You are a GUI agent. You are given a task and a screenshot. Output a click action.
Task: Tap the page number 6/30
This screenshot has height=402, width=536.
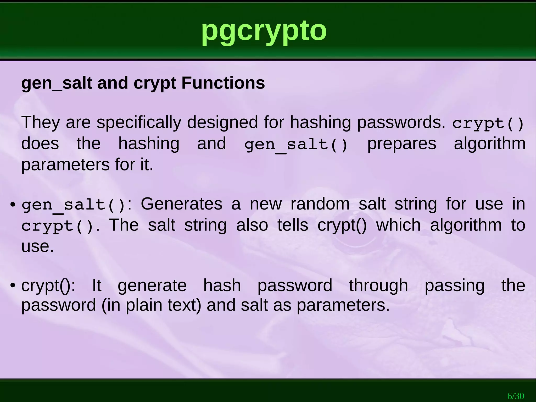(516, 396)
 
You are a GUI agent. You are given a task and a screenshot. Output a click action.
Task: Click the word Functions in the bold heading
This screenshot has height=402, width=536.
(223, 83)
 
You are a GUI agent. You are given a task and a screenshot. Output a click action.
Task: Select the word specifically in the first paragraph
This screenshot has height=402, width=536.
(139, 122)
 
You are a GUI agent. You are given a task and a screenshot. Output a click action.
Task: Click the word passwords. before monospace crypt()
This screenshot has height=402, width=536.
(401, 122)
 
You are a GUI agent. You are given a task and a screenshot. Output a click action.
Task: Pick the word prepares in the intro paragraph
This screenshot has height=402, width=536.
(401, 144)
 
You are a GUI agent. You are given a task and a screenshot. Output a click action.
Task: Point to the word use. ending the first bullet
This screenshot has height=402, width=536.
(37, 246)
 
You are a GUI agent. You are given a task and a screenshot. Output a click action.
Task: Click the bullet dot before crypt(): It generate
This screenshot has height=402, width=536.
(12, 285)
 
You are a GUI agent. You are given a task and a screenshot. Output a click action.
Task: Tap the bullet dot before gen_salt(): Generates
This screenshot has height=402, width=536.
(12, 204)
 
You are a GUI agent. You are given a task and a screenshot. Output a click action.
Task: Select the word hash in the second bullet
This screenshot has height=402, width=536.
(222, 285)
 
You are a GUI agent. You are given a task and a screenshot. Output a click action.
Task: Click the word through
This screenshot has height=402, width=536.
(378, 285)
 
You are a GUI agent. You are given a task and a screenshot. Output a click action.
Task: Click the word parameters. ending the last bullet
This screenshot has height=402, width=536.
(343, 305)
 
